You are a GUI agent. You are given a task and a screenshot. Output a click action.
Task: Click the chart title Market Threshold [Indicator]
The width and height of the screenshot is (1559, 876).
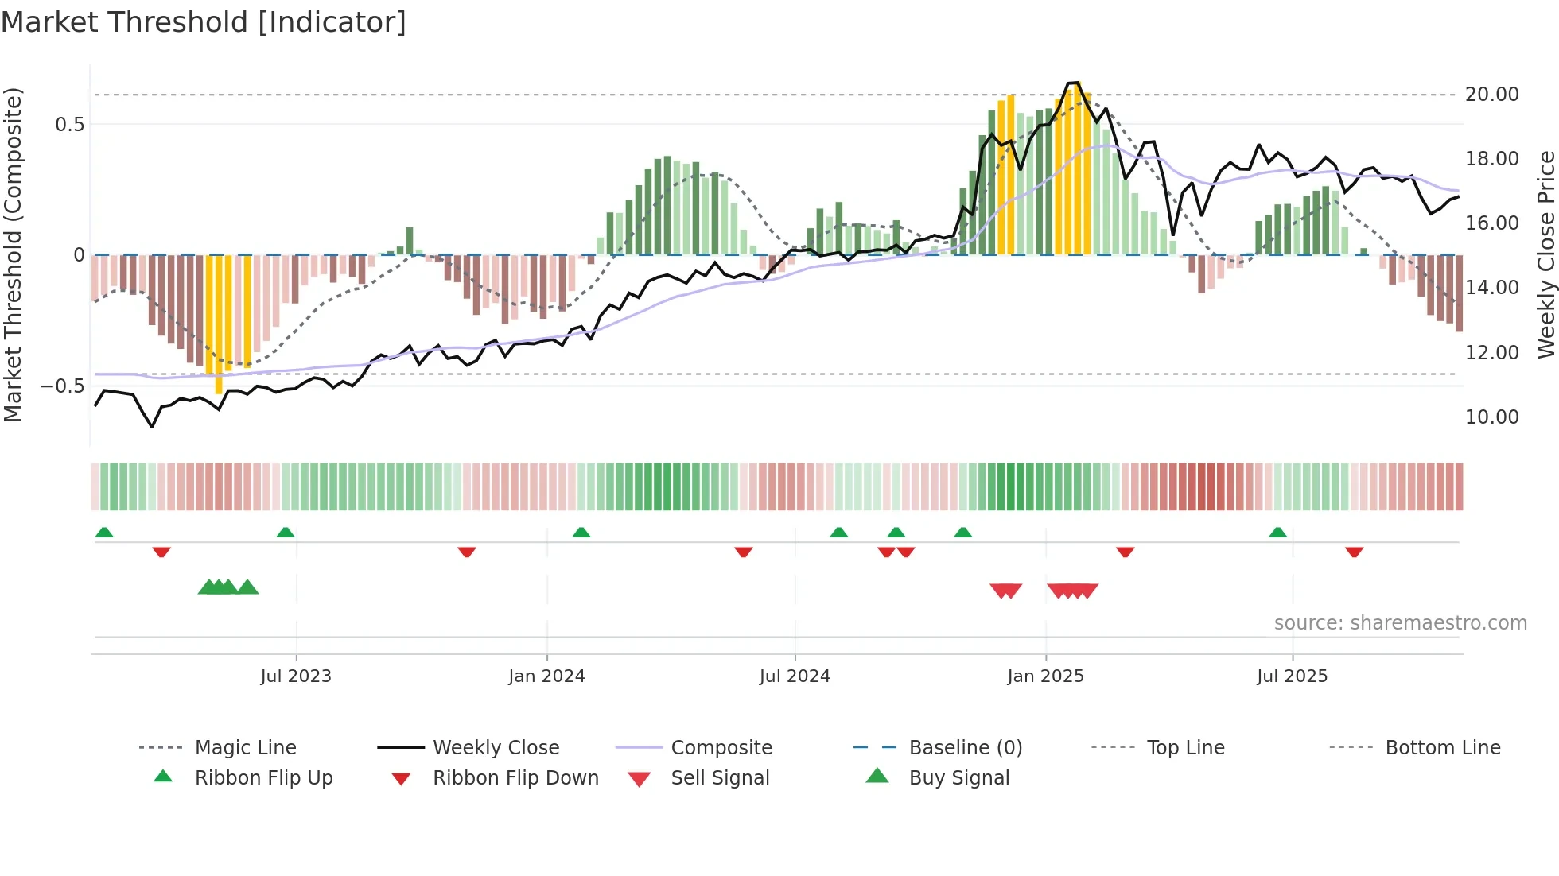(x=204, y=22)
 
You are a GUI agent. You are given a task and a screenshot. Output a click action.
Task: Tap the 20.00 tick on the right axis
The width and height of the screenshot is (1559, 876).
(x=1491, y=95)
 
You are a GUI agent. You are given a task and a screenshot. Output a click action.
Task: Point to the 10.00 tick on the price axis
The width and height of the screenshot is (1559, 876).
(x=1491, y=417)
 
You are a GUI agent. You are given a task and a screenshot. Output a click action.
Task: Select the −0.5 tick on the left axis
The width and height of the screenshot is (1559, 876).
(x=62, y=386)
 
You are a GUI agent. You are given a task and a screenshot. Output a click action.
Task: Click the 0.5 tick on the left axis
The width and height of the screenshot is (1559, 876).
(x=69, y=125)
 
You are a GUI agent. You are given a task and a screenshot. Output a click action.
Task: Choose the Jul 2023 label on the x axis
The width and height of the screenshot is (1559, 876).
(x=296, y=676)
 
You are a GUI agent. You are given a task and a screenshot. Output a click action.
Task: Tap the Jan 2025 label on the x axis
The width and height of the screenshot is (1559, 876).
(x=1045, y=676)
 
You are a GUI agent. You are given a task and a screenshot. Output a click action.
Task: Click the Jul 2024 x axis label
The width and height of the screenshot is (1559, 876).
(x=795, y=676)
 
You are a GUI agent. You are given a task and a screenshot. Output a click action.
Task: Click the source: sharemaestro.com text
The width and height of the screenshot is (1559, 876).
(x=1400, y=623)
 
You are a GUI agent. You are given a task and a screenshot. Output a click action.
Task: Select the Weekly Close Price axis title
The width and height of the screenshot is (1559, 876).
(x=1545, y=254)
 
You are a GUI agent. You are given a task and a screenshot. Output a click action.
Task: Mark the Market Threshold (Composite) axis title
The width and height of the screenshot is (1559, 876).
(x=13, y=254)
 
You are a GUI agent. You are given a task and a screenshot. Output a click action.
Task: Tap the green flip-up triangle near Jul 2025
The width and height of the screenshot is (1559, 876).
(x=1277, y=533)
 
